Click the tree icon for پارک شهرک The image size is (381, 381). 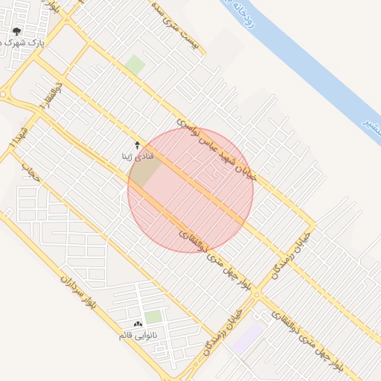pyautogui.click(x=17, y=32)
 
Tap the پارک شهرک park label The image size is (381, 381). pyautogui.click(x=23, y=44)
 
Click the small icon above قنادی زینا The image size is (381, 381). pyautogui.click(x=137, y=144)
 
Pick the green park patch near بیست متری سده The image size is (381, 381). pyautogui.click(x=135, y=65)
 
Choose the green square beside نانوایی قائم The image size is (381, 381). pyautogui.click(x=153, y=318)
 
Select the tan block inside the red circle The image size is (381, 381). pyautogui.click(x=146, y=172)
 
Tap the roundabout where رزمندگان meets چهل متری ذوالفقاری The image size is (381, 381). pyautogui.click(x=257, y=295)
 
